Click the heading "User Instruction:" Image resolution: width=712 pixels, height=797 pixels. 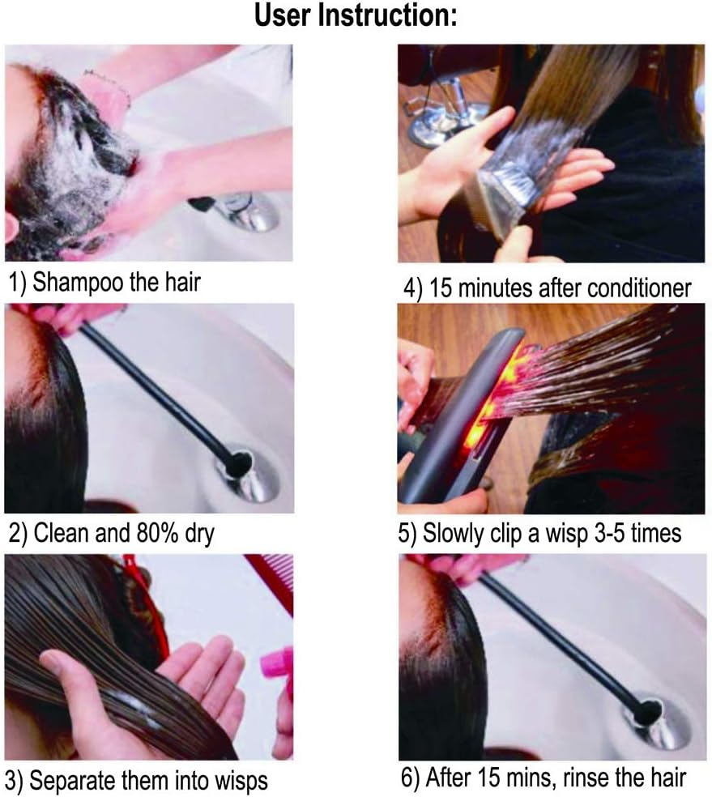tap(356, 15)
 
